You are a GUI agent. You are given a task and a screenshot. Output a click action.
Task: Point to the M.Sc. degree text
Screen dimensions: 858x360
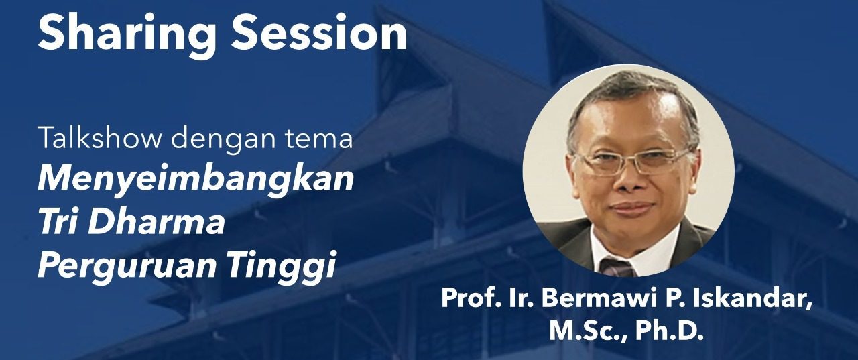pyautogui.click(x=588, y=332)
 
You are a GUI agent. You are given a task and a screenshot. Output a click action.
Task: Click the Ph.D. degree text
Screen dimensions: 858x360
pyautogui.click(x=670, y=331)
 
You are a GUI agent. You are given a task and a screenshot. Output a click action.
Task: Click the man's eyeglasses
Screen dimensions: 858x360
pyautogui.click(x=634, y=161)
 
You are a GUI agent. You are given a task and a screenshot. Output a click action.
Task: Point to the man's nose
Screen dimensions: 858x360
pyautogui.click(x=628, y=179)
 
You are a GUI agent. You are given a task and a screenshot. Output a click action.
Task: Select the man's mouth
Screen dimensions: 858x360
pyautogui.click(x=632, y=208)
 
